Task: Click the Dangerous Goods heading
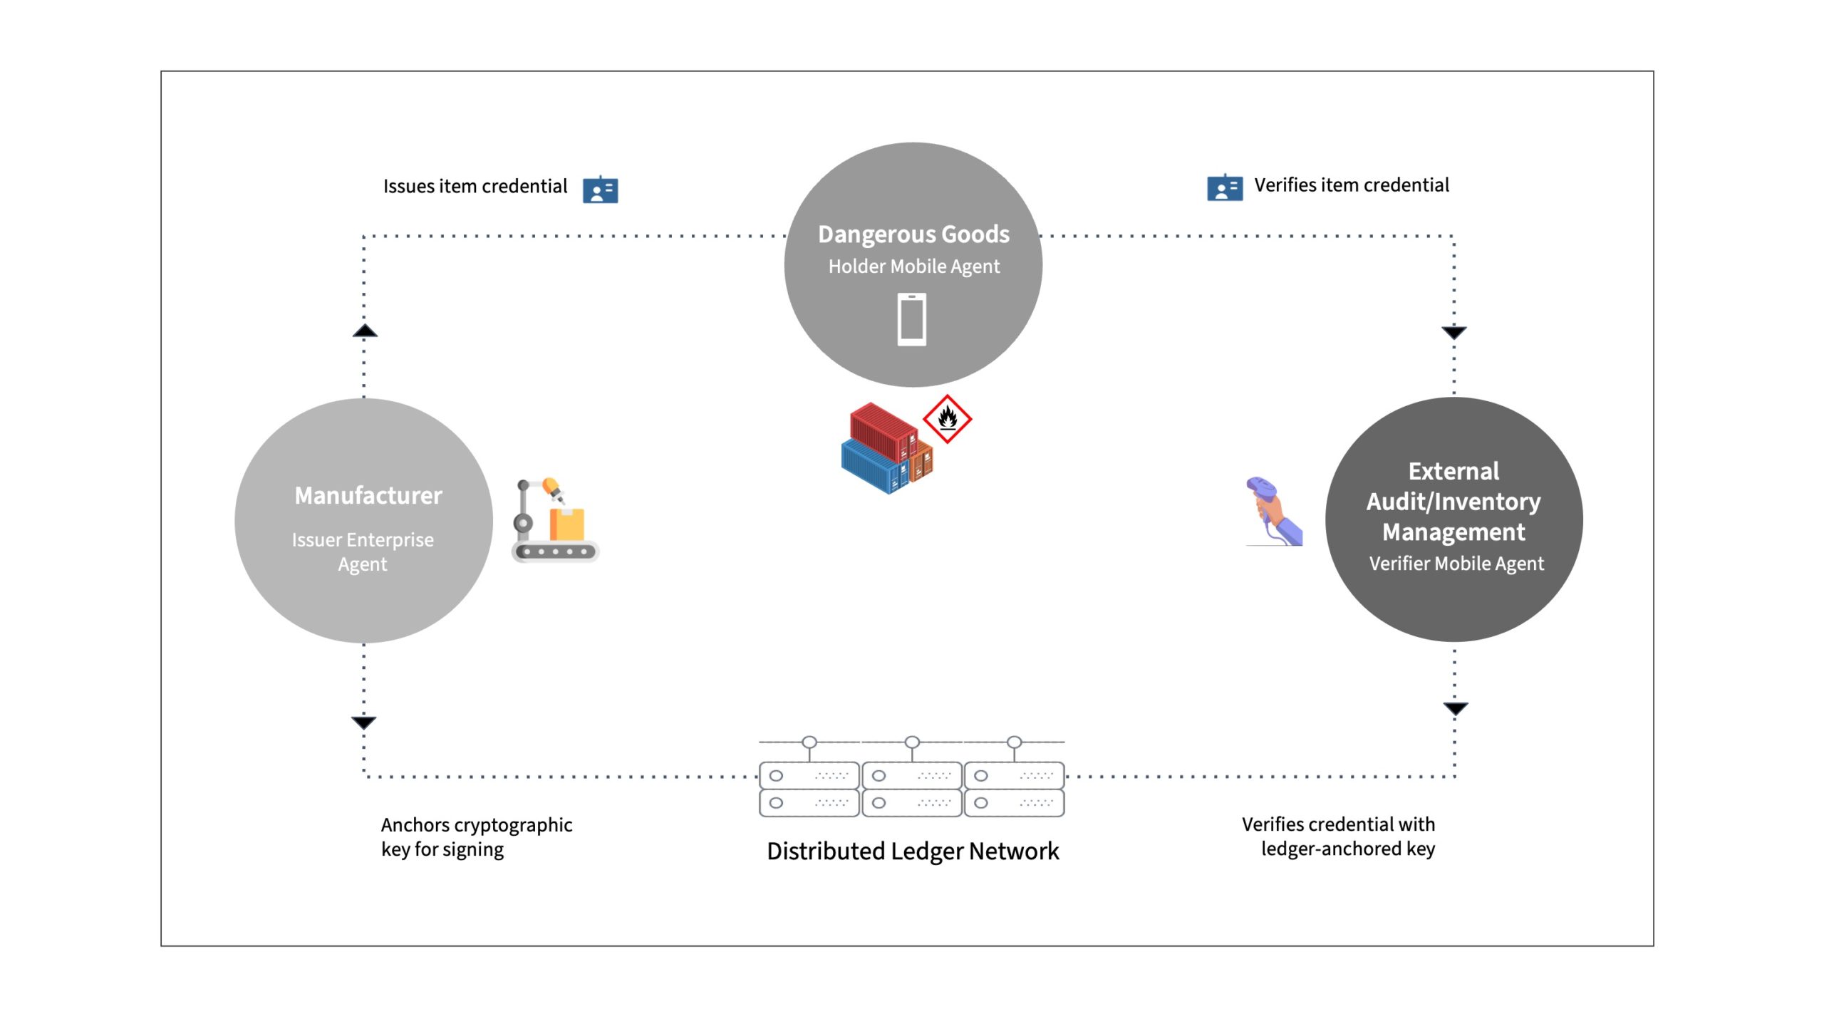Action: click(x=913, y=234)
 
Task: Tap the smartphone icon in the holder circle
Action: click(x=912, y=319)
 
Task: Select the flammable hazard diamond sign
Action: click(x=947, y=419)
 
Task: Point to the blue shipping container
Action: click(x=874, y=467)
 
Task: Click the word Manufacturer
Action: click(x=368, y=495)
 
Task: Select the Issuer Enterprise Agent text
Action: click(x=363, y=551)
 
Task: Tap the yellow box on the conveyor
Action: click(x=567, y=524)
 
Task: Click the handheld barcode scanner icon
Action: click(x=1274, y=511)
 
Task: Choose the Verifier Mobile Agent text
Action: click(x=1456, y=564)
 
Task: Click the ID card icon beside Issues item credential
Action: click(x=601, y=190)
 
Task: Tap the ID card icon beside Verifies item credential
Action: click(x=1225, y=187)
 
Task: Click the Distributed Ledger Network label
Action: click(x=913, y=851)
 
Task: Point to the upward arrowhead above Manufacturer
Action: click(x=365, y=331)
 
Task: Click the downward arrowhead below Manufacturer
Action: click(x=363, y=722)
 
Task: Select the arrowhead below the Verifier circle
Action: click(x=1456, y=708)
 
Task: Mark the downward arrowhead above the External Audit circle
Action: click(x=1454, y=333)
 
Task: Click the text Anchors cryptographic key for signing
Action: click(x=477, y=837)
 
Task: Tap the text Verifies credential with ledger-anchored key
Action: click(x=1338, y=836)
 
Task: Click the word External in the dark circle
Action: click(x=1453, y=471)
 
